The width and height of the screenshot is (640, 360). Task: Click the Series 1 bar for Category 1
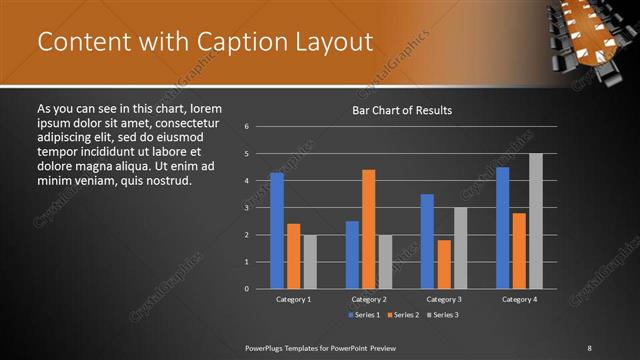pyautogui.click(x=277, y=231)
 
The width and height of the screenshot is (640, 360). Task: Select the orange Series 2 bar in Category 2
pyautogui.click(x=369, y=229)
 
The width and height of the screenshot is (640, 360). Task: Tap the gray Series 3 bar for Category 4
pyautogui.click(x=536, y=221)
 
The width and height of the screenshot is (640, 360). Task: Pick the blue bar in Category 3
pyautogui.click(x=427, y=241)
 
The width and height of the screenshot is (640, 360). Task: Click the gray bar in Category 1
pyautogui.click(x=310, y=262)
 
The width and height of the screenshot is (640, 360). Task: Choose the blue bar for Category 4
pyautogui.click(x=503, y=228)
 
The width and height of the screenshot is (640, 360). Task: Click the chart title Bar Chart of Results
pyautogui.click(x=403, y=110)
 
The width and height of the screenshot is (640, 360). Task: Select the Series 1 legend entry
pyautogui.click(x=362, y=315)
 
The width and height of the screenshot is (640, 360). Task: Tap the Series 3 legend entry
pyautogui.click(x=442, y=315)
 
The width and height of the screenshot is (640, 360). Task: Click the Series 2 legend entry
pyautogui.click(x=402, y=315)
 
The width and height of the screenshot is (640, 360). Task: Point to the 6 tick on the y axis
pyautogui.click(x=247, y=127)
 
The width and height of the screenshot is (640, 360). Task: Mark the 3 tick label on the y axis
pyautogui.click(x=247, y=208)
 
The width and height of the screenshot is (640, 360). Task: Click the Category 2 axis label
pyautogui.click(x=369, y=299)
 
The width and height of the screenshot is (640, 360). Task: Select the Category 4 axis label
pyautogui.click(x=519, y=299)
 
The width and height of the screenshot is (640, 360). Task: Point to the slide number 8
pyautogui.click(x=589, y=347)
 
